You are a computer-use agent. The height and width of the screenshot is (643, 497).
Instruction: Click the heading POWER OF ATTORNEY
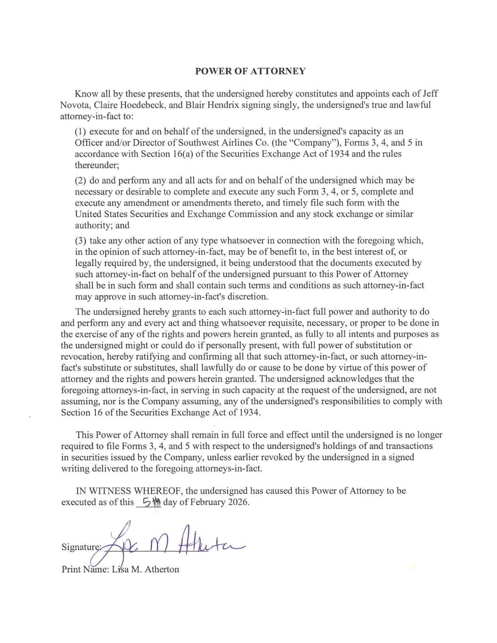coord(250,71)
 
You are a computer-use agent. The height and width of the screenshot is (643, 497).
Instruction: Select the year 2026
coord(238,502)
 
